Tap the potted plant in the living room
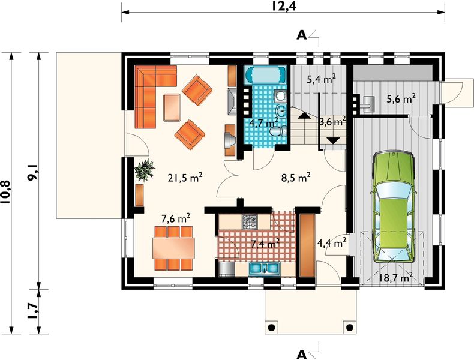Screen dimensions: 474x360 click(x=145, y=170)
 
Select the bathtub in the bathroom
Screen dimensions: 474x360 click(x=266, y=75)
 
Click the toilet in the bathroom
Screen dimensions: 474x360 click(x=278, y=131)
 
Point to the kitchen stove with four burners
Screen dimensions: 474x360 click(x=250, y=221)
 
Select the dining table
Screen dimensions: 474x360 click(x=173, y=248)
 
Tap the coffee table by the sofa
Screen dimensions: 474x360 click(x=172, y=107)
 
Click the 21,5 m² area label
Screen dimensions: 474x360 click(x=185, y=178)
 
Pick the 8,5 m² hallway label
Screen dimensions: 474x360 click(x=296, y=178)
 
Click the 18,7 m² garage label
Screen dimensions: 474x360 click(x=396, y=277)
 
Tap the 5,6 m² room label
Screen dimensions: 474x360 click(x=401, y=98)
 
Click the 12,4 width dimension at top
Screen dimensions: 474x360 click(x=283, y=6)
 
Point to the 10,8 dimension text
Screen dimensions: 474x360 click(x=7, y=193)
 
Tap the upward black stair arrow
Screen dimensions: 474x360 click(x=305, y=115)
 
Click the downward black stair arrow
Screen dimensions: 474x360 click(x=334, y=141)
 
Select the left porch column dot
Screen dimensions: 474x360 click(x=271, y=327)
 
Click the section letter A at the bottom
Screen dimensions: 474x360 click(x=302, y=354)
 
